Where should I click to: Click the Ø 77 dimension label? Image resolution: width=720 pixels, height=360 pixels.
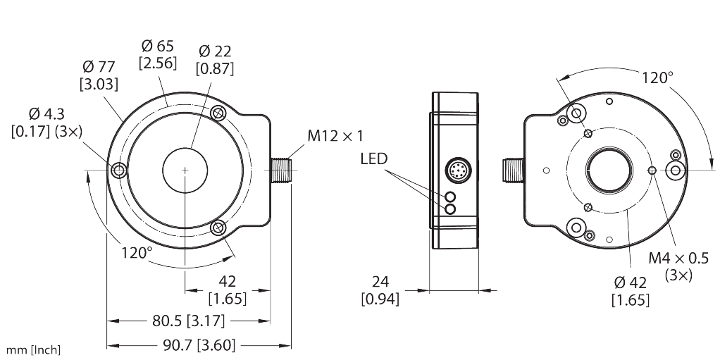99,68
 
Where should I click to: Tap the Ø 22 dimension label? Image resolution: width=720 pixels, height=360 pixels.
216,51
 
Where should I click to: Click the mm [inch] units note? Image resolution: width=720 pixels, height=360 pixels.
34,349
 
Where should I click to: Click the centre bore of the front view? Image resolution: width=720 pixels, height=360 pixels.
185,170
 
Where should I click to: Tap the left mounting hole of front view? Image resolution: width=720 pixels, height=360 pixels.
118,170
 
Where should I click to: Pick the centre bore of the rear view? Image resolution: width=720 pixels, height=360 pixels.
609,170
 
